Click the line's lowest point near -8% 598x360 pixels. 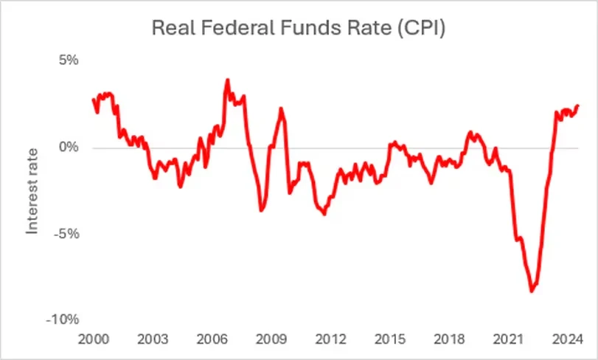coord(532,291)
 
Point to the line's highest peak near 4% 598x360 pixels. coord(227,80)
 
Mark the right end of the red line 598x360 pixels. coord(578,105)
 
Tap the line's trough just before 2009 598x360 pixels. coord(262,211)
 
